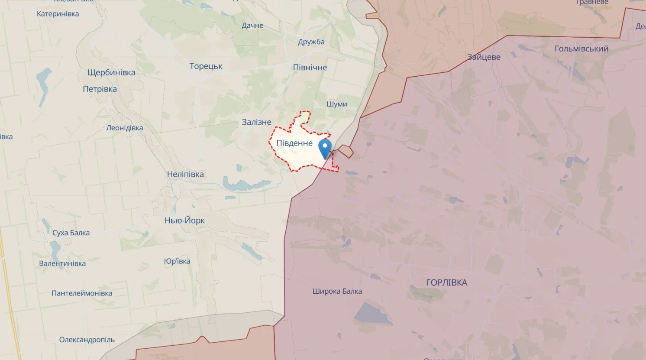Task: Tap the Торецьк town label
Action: [x=206, y=66]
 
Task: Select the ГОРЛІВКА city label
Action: [x=446, y=282]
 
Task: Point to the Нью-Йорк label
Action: [x=184, y=221]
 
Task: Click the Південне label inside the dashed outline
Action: [x=294, y=143]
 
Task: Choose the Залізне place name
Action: [x=256, y=122]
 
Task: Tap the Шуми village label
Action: [x=337, y=104]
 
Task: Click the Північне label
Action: [x=310, y=68]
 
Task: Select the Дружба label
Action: [x=311, y=42]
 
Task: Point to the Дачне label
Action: [x=252, y=26]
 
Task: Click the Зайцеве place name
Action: [x=484, y=57]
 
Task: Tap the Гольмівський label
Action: [x=581, y=49]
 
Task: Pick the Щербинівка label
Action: [x=111, y=72]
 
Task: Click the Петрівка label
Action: [x=100, y=89]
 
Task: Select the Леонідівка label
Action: [x=124, y=128]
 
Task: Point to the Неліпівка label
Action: [x=185, y=174]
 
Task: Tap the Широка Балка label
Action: [x=337, y=291]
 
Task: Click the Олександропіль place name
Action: [x=87, y=340]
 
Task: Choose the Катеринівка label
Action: [x=58, y=14]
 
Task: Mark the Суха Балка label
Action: [x=71, y=233]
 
